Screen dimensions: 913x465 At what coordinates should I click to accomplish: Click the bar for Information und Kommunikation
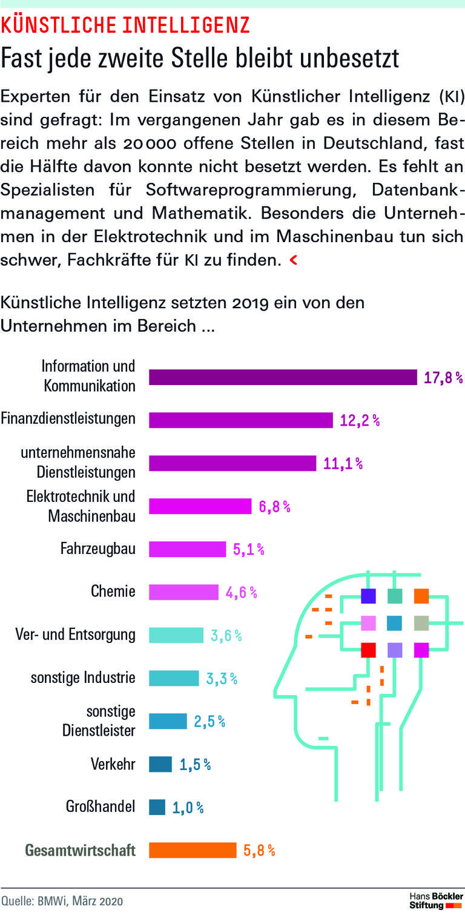[283, 377]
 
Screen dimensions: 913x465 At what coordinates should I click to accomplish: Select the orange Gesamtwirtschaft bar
[193, 850]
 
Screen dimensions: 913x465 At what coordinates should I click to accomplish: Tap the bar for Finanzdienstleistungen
[241, 420]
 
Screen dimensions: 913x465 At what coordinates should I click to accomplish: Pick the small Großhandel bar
[157, 807]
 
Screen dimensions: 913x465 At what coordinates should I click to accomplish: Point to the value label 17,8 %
[443, 378]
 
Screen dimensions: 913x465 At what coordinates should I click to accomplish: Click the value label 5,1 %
[248, 549]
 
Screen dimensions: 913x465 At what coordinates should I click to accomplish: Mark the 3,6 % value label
[226, 635]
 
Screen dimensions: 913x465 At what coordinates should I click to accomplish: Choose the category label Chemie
[113, 591]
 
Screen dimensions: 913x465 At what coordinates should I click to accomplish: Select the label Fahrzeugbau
[97, 549]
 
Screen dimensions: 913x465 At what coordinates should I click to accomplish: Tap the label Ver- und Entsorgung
[75, 634]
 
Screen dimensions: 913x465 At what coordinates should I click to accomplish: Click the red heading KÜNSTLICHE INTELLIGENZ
[125, 25]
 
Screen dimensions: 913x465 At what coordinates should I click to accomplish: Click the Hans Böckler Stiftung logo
[435, 900]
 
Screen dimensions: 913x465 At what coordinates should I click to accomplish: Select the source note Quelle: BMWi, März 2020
[61, 901]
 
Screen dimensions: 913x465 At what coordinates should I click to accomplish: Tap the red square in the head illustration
[368, 650]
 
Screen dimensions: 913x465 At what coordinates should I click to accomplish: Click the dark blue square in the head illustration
[368, 596]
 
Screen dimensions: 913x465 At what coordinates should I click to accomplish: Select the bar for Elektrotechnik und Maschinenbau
[200, 506]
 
